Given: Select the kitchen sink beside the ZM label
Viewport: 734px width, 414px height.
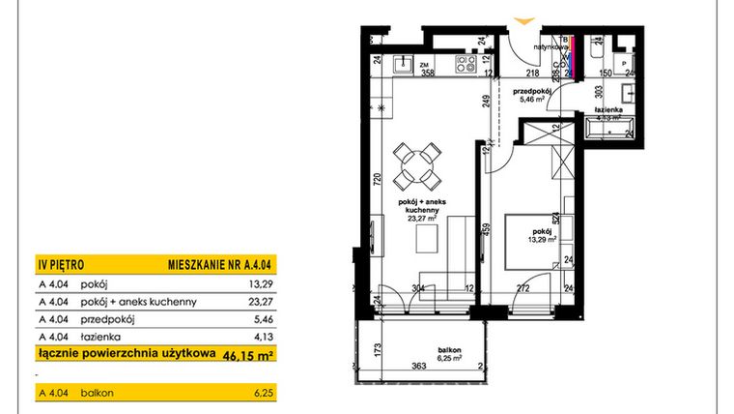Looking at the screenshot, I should [x=403, y=63].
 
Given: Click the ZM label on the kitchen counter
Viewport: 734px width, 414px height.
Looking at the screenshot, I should [x=423, y=63].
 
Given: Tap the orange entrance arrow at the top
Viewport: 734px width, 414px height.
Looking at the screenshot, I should [x=525, y=19].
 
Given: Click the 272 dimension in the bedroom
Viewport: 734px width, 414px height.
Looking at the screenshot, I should [x=521, y=288].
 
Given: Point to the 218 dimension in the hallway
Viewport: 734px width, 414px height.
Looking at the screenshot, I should [x=531, y=73].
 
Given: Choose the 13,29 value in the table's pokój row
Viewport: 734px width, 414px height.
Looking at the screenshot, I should [x=262, y=284].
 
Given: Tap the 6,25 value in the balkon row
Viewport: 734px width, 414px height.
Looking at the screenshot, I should [x=264, y=394].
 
